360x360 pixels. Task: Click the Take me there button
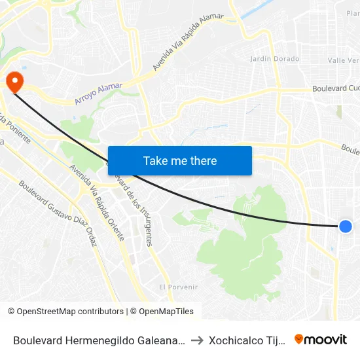tap(179, 160)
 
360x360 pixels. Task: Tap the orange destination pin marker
tap(14, 81)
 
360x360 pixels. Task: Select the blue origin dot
tap(346, 226)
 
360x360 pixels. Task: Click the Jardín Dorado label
tap(275, 59)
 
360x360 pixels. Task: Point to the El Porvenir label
tap(178, 287)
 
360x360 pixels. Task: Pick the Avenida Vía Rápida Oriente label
tap(97, 202)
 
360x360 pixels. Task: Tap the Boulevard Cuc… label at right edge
tap(336, 88)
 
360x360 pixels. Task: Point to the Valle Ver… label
tap(344, 60)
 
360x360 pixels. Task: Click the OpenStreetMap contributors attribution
tap(65, 312)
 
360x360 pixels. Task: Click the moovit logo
tap(320, 339)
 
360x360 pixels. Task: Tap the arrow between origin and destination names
tap(197, 340)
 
